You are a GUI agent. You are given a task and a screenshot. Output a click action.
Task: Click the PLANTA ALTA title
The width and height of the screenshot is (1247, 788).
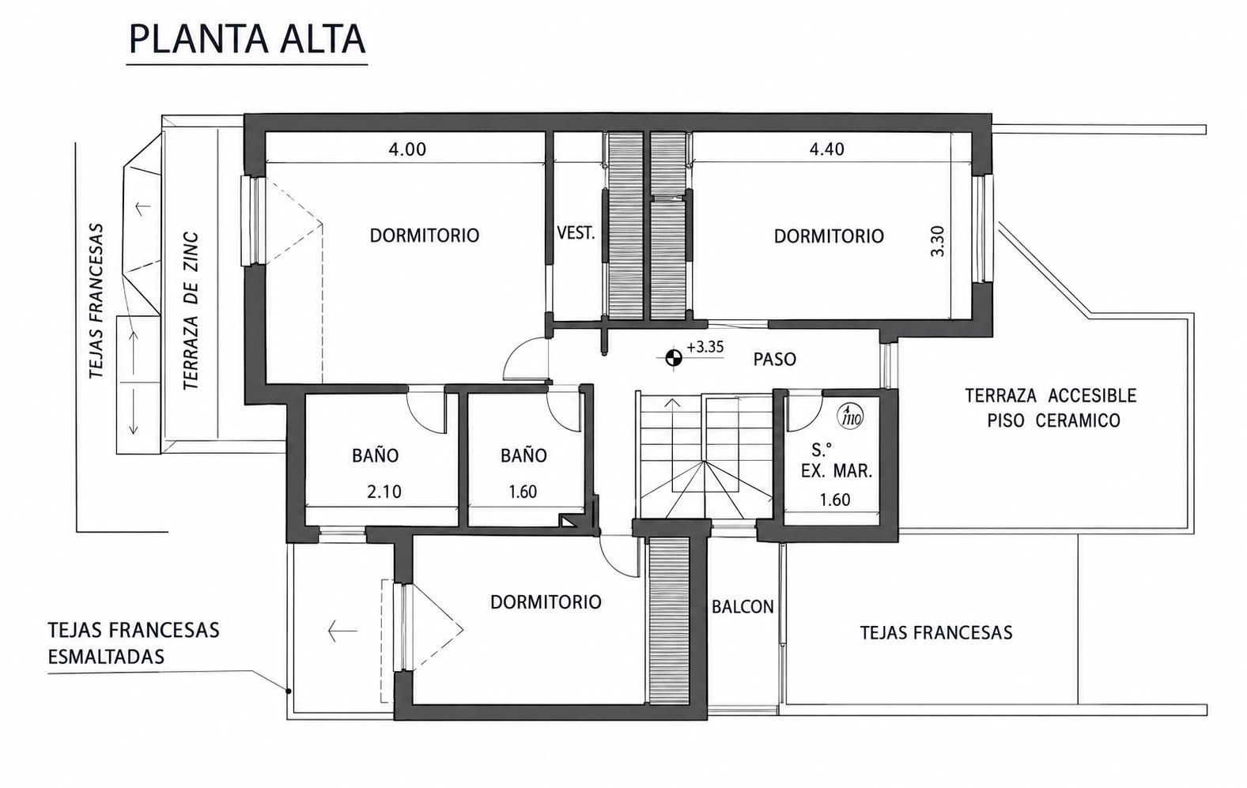click(x=248, y=39)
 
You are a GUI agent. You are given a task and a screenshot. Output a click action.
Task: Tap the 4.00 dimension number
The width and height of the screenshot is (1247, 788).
click(x=407, y=149)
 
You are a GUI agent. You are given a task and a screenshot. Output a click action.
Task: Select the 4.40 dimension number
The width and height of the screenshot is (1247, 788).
click(x=826, y=149)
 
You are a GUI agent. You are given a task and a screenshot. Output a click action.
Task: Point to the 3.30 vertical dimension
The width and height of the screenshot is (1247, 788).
click(x=938, y=240)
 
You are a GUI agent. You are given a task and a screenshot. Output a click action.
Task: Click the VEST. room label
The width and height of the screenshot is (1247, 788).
click(x=576, y=233)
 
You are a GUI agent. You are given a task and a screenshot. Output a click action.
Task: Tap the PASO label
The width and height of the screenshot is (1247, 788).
click(x=774, y=360)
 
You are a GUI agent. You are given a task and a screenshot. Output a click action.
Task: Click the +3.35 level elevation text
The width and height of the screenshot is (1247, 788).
click(x=705, y=347)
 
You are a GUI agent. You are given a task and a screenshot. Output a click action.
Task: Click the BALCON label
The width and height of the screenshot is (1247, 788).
click(x=743, y=606)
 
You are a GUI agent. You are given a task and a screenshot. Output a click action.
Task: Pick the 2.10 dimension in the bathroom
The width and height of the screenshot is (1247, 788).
click(x=384, y=492)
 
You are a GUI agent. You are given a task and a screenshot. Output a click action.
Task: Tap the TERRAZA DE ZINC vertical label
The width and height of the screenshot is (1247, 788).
click(x=191, y=311)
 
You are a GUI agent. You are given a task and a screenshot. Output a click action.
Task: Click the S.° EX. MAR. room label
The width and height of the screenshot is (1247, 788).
click(x=836, y=460)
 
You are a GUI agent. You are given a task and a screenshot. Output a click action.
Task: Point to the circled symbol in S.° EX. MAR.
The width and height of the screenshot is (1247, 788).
click(x=850, y=414)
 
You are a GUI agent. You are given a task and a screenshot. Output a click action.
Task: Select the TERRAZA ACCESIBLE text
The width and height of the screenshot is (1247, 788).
click(x=1050, y=396)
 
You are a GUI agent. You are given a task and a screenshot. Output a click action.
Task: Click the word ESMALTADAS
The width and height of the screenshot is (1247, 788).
click(x=106, y=657)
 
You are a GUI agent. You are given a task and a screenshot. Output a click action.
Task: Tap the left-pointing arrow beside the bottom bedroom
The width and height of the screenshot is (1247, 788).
click(x=343, y=631)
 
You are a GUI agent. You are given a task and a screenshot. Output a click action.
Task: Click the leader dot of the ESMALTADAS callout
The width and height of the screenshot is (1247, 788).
click(x=289, y=692)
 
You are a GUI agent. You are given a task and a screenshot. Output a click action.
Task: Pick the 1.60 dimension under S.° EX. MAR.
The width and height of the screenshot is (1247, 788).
click(x=835, y=500)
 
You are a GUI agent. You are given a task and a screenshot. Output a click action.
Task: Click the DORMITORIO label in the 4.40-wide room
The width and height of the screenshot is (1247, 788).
click(x=829, y=236)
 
